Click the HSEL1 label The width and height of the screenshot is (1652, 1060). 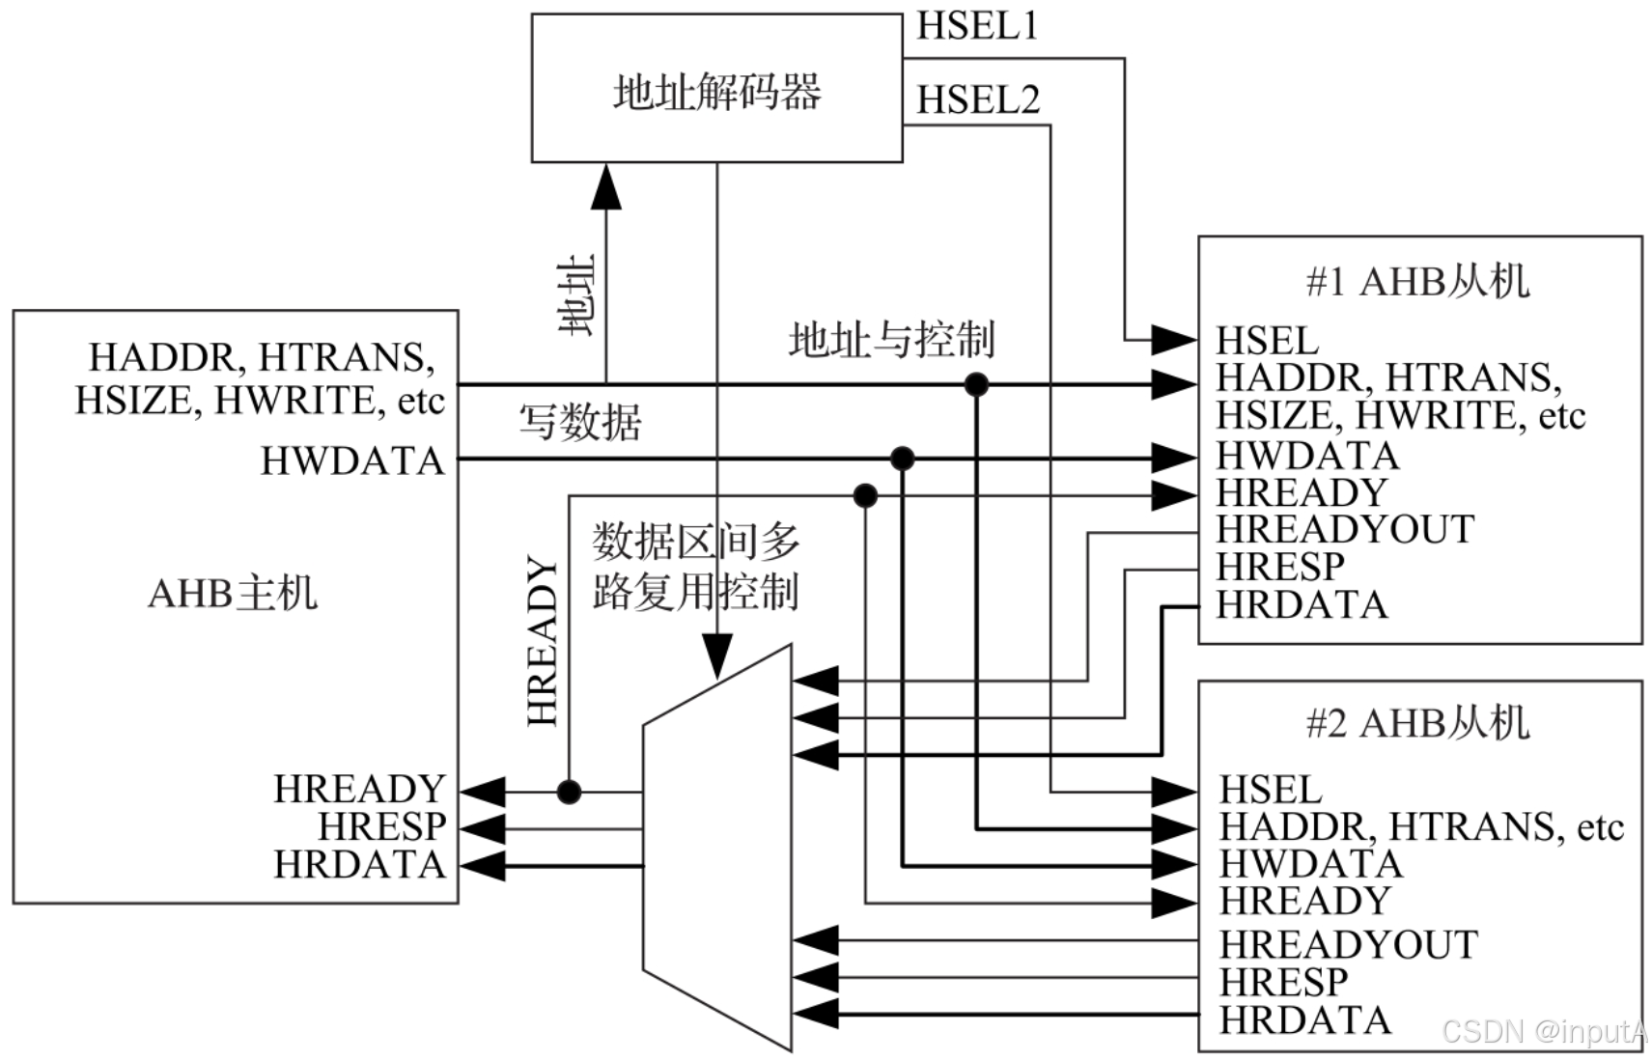[x=977, y=26]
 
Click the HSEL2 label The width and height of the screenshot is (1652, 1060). [x=978, y=99]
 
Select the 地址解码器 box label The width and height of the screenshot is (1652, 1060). [x=716, y=93]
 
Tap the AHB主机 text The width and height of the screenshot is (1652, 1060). [x=232, y=593]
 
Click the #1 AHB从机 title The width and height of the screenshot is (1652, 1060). [x=1417, y=281]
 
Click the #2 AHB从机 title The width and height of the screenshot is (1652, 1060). [x=1417, y=722]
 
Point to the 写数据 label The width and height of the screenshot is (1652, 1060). [x=579, y=422]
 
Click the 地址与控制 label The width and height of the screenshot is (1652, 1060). [x=891, y=340]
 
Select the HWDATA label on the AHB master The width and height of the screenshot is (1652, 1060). [x=352, y=460]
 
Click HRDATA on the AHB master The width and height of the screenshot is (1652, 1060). [x=359, y=865]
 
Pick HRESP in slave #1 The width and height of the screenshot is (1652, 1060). [x=1279, y=567]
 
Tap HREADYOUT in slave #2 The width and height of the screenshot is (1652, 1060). [x=1348, y=944]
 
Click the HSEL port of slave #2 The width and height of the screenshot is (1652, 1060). [x=1270, y=790]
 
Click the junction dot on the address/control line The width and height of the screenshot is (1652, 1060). [x=976, y=384]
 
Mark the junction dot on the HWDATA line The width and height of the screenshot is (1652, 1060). [x=902, y=459]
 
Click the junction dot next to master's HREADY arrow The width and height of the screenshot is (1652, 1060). [x=569, y=793]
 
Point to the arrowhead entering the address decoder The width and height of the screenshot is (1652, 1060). [x=606, y=188]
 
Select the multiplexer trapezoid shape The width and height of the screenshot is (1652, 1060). [x=718, y=848]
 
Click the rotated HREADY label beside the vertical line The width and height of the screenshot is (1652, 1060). [x=543, y=641]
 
